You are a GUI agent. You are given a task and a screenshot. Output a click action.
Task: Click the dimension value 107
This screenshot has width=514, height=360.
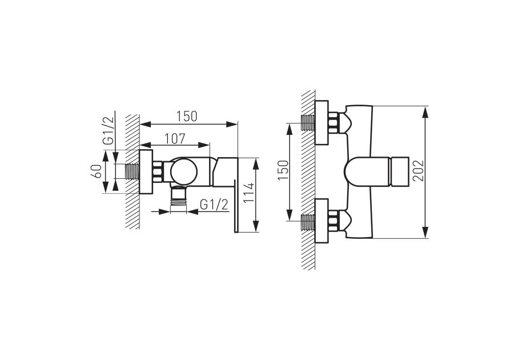point(175,139)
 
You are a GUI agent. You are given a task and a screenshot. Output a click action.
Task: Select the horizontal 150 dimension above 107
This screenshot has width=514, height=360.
point(187,117)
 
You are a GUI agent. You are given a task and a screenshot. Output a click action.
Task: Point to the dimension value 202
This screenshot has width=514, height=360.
point(418,170)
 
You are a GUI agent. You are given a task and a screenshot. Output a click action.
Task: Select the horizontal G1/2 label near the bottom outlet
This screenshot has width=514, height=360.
point(214,205)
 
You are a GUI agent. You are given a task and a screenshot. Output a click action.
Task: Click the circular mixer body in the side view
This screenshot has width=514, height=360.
point(184,172)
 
